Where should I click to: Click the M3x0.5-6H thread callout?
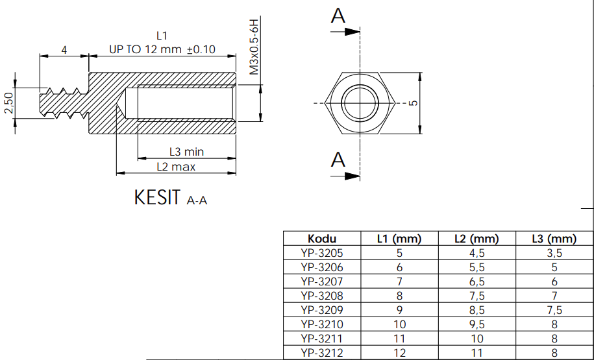tap(254, 47)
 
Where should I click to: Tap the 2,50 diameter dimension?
tap(8, 102)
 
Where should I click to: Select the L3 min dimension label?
tap(186, 152)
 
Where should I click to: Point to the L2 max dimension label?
tap(176, 167)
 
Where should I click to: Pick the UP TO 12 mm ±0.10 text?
tap(162, 49)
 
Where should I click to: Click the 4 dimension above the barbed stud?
tap(64, 49)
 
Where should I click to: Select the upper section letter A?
tap(338, 16)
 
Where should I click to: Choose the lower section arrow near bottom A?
tap(351, 175)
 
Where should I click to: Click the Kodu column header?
tap(322, 239)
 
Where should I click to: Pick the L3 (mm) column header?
tap(553, 239)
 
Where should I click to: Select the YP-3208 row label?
tap(322, 296)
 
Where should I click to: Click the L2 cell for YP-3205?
tap(476, 253)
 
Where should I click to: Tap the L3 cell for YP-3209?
tap(553, 310)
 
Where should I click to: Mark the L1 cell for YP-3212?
tap(399, 353)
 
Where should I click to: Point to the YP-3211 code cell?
tap(322, 339)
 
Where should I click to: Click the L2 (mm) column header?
tap(476, 239)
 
